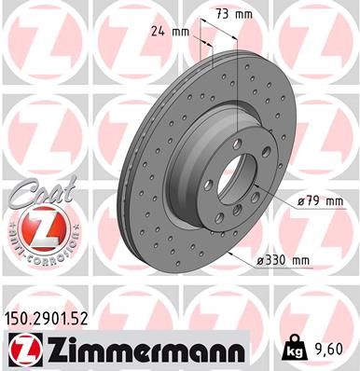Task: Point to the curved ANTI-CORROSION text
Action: (x=40, y=244)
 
